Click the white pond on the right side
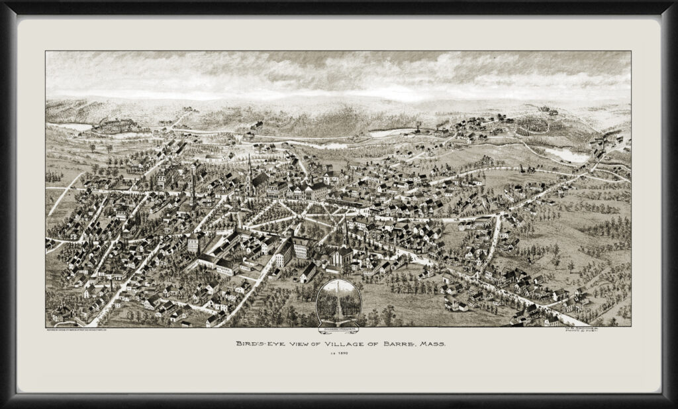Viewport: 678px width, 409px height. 568,156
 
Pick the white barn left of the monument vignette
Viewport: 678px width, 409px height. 309,273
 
